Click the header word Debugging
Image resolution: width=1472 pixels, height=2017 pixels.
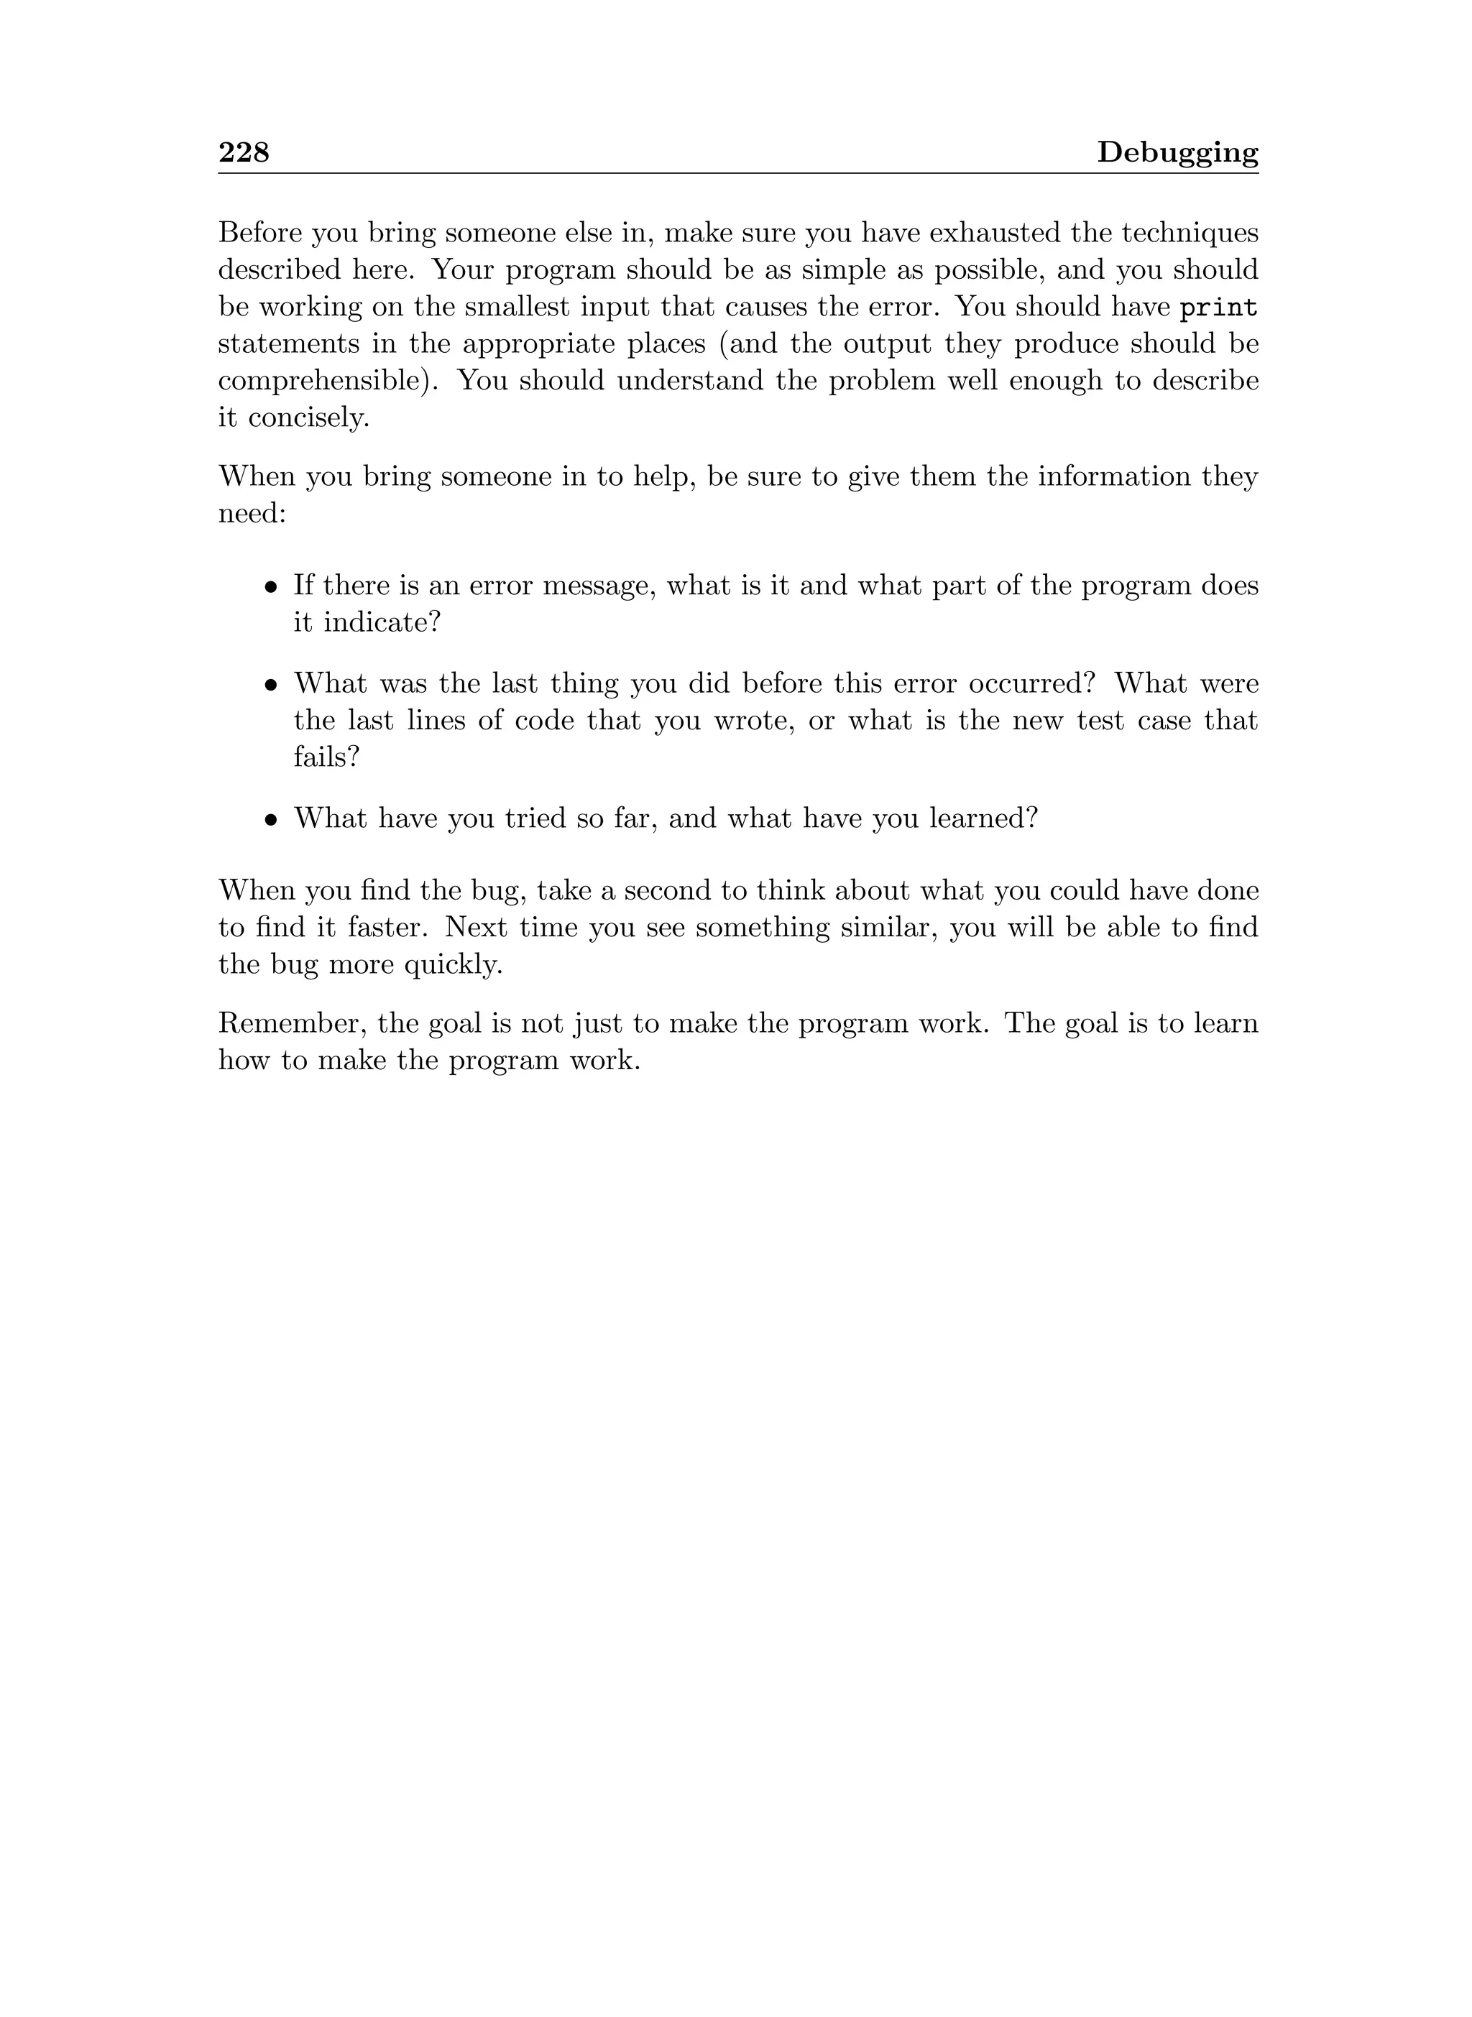click(x=1177, y=153)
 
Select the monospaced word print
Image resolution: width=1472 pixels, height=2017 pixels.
click(x=1218, y=308)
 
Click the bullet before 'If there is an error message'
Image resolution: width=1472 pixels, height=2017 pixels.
click(x=272, y=588)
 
